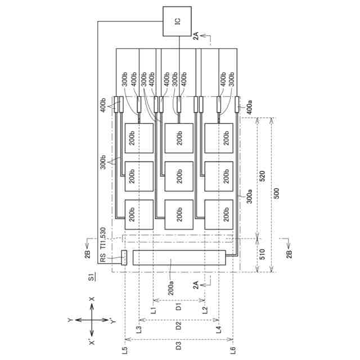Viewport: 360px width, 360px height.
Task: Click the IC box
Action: click(x=177, y=21)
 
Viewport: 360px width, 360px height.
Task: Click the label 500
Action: click(x=275, y=193)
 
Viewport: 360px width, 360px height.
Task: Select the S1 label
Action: click(x=92, y=276)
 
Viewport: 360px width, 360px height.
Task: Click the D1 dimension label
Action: click(x=178, y=307)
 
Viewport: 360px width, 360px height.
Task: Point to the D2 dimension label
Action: click(x=178, y=325)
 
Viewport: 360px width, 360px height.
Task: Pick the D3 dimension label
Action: click(x=178, y=345)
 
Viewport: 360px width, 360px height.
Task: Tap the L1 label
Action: click(x=153, y=309)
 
